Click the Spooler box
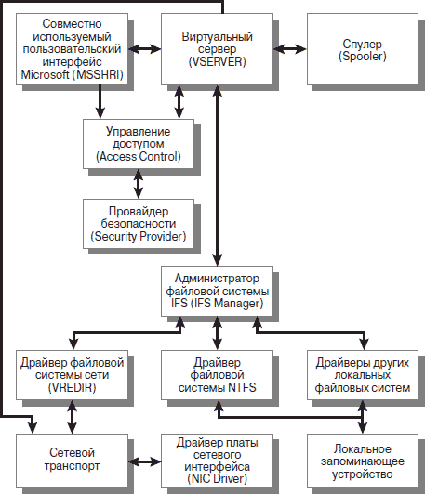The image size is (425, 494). pos(363,49)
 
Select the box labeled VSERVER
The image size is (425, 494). pos(217,49)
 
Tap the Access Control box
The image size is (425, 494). pos(139,144)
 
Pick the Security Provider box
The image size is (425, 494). pos(139,224)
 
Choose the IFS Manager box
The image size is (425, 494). pos(217,291)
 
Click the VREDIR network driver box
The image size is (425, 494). pos(73,375)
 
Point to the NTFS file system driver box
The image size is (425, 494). pos(217,375)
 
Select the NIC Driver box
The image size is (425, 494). pos(217,461)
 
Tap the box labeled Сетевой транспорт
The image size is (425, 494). pos(73,461)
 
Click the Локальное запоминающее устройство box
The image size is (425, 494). pos(363,461)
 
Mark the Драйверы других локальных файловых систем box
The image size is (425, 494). pos(363,375)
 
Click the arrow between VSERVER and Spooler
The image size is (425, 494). pos(290,49)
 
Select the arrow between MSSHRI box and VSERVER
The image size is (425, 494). pos(145,49)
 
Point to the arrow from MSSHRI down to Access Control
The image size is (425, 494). pos(100,102)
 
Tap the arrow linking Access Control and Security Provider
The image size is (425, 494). pos(139,184)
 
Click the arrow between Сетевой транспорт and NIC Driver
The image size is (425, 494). pos(145,462)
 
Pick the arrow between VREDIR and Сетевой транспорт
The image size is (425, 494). pos(73,417)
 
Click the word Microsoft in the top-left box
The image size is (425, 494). pos(45,74)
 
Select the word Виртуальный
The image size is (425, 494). pos(217,37)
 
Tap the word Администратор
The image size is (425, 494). pos(217,279)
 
